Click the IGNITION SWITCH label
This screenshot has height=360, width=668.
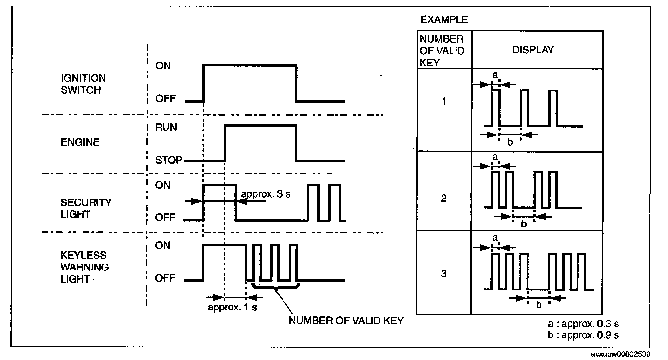click(83, 84)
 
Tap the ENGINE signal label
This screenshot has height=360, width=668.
click(80, 142)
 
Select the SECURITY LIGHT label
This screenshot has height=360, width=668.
click(86, 209)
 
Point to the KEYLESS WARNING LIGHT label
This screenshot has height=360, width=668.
click(84, 267)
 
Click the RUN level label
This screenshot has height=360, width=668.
click(167, 128)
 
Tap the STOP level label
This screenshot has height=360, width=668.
click(169, 161)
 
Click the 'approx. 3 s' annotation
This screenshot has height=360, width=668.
click(265, 194)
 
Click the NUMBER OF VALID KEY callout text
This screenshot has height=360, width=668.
click(346, 321)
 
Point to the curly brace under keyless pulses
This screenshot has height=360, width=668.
click(276, 288)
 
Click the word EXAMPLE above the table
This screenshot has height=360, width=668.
click(444, 20)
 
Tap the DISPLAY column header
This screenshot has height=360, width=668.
click(533, 50)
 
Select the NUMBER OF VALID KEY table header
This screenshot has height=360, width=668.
click(442, 51)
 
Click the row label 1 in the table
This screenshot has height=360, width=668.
click(444, 101)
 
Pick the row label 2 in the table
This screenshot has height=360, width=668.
click(444, 199)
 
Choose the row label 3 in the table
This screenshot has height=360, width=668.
click(444, 274)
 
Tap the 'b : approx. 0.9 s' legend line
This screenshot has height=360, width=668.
click(583, 334)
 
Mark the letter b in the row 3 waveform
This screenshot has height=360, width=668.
click(539, 305)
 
